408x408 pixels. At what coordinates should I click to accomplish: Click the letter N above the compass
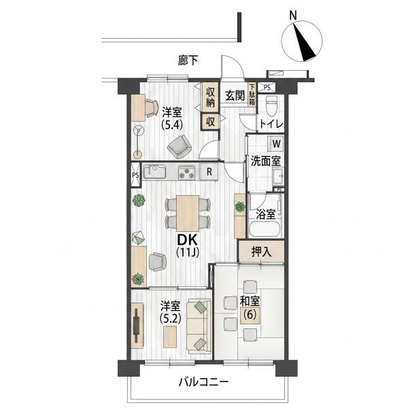[x=293, y=16]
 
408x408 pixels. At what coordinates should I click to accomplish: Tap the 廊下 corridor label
[x=188, y=61]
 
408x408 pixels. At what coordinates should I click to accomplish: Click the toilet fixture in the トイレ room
[x=271, y=106]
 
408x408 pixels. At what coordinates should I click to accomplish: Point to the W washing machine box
[x=277, y=143]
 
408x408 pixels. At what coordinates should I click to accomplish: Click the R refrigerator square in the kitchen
[x=209, y=172]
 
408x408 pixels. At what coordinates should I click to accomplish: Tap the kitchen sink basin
[x=154, y=172]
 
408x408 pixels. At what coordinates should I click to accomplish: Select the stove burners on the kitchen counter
[x=186, y=173]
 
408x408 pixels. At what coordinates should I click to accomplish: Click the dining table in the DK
[x=188, y=213]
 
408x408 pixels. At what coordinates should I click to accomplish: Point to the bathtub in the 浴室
[x=265, y=228]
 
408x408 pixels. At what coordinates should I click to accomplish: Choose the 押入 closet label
[x=261, y=252]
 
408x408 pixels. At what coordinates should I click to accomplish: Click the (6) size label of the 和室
[x=250, y=315]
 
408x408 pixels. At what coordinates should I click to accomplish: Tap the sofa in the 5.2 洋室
[x=199, y=326]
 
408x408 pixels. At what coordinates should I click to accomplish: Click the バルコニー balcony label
[x=203, y=382]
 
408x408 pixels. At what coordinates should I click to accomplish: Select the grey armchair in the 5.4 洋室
[x=180, y=147]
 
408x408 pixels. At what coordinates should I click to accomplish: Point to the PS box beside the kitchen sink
[x=135, y=175]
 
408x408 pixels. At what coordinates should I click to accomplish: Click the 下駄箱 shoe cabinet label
[x=252, y=95]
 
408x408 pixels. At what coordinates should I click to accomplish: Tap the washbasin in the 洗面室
[x=278, y=176]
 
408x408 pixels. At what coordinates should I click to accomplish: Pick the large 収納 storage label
[x=210, y=97]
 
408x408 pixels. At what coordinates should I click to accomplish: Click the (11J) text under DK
[x=188, y=252]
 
